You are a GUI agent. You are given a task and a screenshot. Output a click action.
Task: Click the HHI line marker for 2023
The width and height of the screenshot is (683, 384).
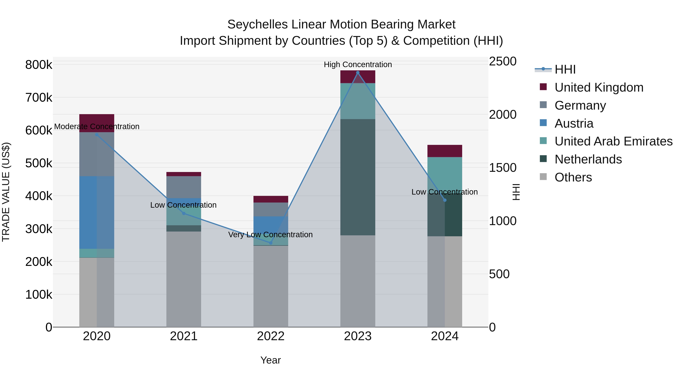click(x=358, y=73)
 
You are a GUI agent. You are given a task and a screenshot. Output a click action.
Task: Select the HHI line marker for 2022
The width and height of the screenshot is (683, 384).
click(x=271, y=243)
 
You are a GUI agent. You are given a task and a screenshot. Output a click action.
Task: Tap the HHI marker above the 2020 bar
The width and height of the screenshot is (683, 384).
click(x=97, y=135)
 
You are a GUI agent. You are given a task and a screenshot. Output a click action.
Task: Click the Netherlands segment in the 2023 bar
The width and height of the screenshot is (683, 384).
click(x=358, y=177)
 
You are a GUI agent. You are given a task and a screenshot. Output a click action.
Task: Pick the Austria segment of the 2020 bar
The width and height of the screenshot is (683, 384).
click(x=97, y=212)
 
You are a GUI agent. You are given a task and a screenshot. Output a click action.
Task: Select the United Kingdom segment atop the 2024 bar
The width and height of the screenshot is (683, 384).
click(x=445, y=151)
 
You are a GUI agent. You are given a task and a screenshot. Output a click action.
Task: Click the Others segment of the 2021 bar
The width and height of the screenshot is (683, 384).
click(x=183, y=279)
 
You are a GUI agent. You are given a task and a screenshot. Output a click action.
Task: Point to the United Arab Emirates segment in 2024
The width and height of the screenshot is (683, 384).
click(x=445, y=174)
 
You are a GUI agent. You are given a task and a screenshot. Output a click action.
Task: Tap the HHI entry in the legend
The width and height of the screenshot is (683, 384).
click(x=565, y=69)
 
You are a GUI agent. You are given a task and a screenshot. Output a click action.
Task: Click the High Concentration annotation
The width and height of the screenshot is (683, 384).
click(x=358, y=64)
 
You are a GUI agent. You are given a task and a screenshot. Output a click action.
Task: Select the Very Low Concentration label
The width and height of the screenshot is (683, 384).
click(x=270, y=235)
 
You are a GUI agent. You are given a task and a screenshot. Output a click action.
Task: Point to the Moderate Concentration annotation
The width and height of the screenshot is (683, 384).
click(x=97, y=126)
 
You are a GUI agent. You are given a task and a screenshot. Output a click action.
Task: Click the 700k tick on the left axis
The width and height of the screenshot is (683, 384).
click(x=39, y=97)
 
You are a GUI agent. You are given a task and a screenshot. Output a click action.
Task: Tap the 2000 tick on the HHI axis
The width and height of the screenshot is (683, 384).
click(x=502, y=115)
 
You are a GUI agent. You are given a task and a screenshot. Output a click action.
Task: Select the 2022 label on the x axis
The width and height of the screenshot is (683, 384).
click(x=271, y=336)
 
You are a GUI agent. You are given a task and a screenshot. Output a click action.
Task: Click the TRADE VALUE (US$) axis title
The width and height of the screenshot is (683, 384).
click(x=6, y=192)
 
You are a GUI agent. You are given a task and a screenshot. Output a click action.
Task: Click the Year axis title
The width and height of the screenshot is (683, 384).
click(x=270, y=360)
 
